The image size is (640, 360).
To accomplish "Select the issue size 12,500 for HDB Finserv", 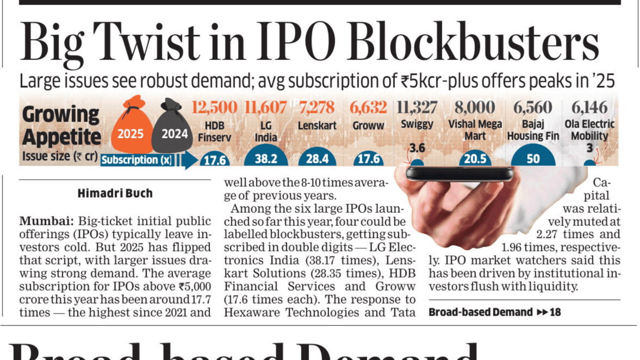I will [x=214, y=108].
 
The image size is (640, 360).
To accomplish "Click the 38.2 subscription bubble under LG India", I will [x=266, y=158].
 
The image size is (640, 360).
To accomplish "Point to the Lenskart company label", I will [x=317, y=126].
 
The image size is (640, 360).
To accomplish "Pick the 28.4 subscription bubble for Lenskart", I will [x=317, y=159].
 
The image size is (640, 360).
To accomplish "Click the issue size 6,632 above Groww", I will [x=368, y=108].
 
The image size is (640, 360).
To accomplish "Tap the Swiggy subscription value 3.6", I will [x=417, y=148].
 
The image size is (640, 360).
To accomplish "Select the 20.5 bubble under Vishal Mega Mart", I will [x=475, y=159].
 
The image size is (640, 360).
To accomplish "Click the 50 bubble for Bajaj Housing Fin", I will [x=533, y=158].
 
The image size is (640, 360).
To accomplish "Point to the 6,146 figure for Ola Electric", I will [x=589, y=108].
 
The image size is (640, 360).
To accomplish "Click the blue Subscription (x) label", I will [x=137, y=160].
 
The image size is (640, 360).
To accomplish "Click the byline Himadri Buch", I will [x=115, y=193].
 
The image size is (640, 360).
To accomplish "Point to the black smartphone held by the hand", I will [x=459, y=174].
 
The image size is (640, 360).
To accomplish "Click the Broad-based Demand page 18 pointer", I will [x=494, y=312].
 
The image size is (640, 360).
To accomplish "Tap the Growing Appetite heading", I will [x=61, y=126].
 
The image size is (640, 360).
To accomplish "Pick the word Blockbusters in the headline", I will [x=473, y=41].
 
